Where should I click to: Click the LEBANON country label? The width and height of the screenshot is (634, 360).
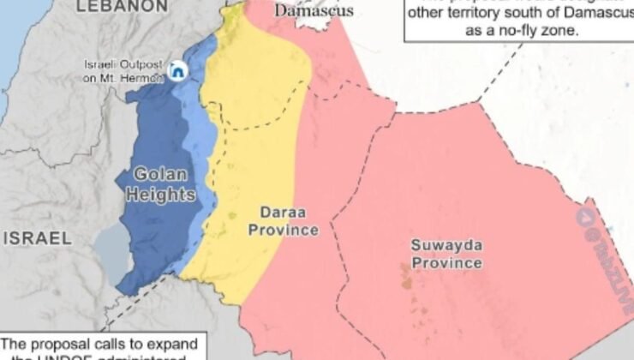pos(122,6)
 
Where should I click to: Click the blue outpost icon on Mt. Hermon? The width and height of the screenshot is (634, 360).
pos(179,70)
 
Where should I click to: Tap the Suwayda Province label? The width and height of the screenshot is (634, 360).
pos(446,254)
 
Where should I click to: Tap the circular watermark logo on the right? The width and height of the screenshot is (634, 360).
pos(586,217)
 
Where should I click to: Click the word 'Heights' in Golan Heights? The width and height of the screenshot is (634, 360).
pos(160,195)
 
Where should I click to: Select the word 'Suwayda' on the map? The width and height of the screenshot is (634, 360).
pos(446,245)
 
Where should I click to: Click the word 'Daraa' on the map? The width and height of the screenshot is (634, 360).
pos(277,211)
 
